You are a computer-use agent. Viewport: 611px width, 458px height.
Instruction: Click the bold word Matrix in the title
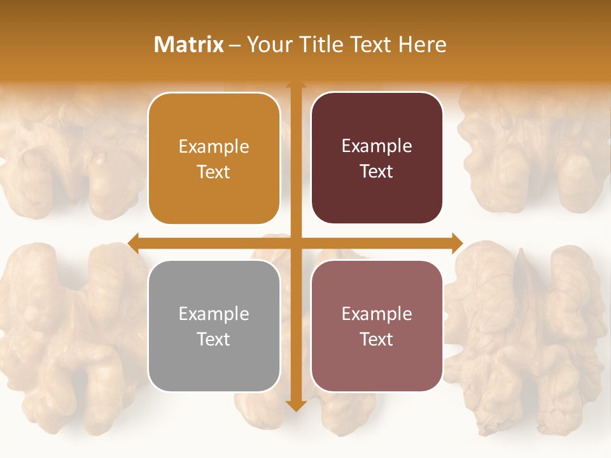tap(189, 45)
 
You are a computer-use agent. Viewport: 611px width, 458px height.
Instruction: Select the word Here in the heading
tap(423, 45)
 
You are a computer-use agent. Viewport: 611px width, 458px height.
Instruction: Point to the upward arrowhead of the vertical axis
tap(295, 85)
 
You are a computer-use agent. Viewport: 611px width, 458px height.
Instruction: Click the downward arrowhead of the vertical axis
tap(295, 405)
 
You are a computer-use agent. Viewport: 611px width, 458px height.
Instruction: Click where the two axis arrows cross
tap(295, 243)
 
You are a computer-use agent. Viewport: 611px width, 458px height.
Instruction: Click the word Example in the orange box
tap(214, 147)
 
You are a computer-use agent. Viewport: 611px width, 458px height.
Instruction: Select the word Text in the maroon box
tap(377, 172)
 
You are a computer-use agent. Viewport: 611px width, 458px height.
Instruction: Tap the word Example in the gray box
tap(214, 314)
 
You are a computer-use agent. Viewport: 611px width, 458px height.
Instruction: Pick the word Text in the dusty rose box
tap(377, 340)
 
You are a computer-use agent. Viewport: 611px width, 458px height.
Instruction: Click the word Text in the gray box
tap(214, 340)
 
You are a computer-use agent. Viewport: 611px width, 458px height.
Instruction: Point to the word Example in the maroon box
tap(377, 146)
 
